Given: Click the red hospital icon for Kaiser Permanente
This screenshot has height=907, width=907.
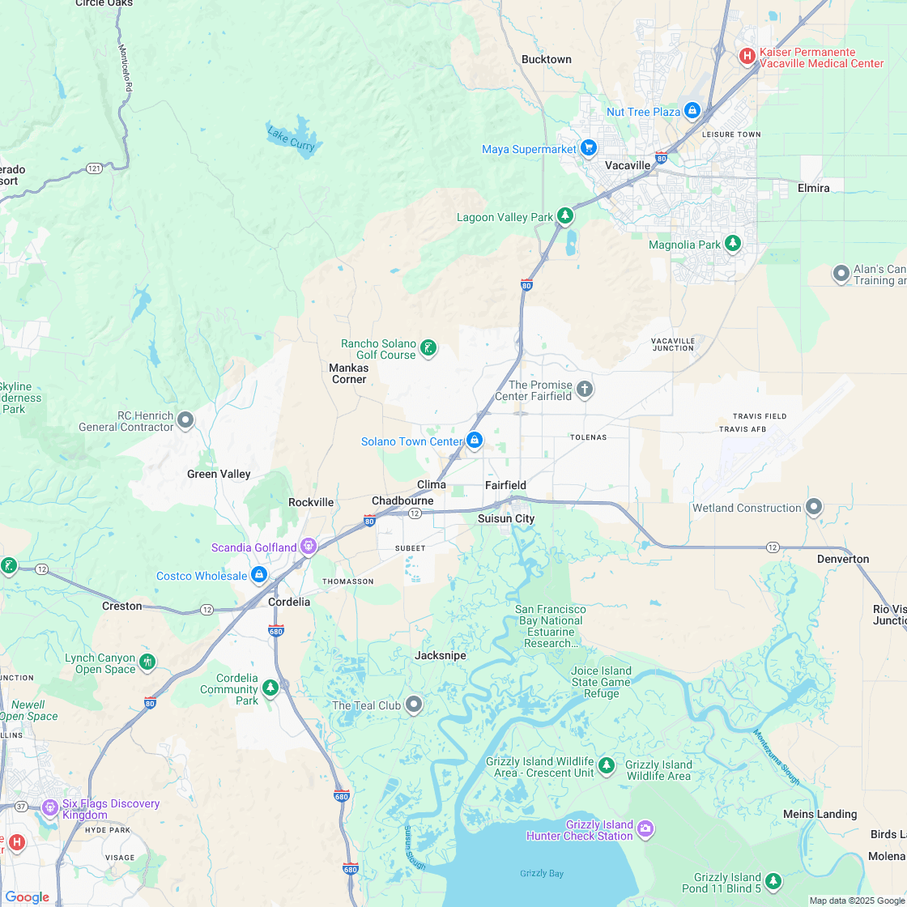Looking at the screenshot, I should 747,57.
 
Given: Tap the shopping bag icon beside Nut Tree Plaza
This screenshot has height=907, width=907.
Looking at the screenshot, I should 692,110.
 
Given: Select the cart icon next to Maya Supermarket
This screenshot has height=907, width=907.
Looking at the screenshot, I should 589,148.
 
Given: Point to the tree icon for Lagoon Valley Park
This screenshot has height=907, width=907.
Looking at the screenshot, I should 565,216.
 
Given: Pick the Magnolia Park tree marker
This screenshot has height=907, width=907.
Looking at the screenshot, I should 733,244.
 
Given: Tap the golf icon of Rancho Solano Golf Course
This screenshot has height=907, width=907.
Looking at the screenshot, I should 428,349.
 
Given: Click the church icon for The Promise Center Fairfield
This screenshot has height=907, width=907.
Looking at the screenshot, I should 585,390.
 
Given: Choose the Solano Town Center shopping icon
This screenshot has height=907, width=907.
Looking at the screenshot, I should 475,441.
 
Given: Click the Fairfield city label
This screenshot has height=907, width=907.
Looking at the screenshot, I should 505,485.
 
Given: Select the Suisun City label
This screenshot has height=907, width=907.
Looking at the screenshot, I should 506,518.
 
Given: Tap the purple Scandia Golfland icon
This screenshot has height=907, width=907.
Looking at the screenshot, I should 309,547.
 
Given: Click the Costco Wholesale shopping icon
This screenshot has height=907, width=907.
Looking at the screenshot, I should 259,575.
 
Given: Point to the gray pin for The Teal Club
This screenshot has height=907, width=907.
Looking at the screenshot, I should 414,705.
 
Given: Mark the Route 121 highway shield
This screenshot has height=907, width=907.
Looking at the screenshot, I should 95,168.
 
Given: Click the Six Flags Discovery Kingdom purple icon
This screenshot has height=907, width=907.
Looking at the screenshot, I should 49,807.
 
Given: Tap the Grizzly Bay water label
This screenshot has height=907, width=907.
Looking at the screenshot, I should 542,873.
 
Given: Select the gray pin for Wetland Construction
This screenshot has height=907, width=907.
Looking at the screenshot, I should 814,508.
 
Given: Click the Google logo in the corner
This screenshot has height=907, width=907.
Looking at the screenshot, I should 27,896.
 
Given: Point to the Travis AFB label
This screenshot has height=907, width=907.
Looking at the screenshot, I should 742,428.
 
